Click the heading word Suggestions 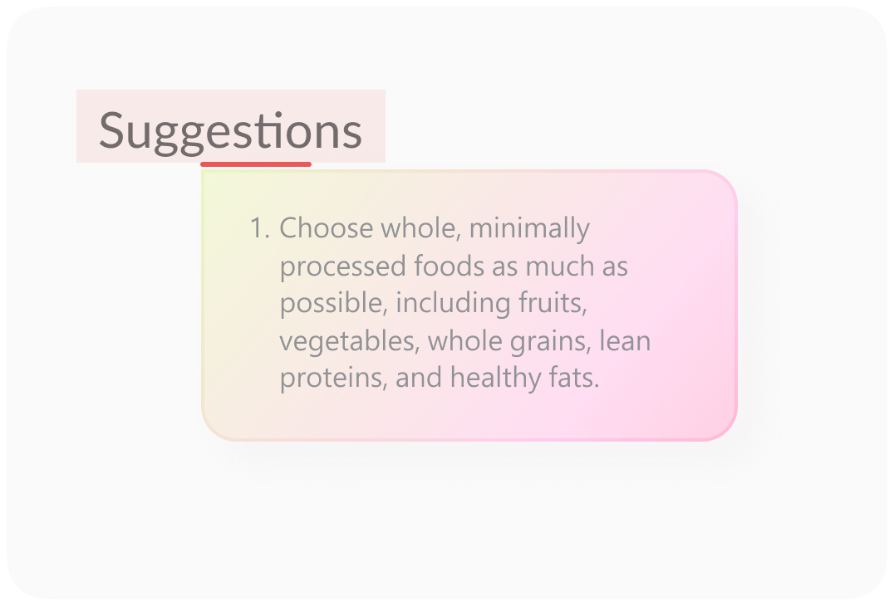pos(230,132)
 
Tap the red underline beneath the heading pos(256,164)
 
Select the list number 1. pos(259,228)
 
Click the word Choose pos(327,228)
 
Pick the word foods pos(449,266)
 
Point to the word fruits pos(553,303)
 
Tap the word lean pos(625,340)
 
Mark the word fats pos(574,378)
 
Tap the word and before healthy pos(419,378)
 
